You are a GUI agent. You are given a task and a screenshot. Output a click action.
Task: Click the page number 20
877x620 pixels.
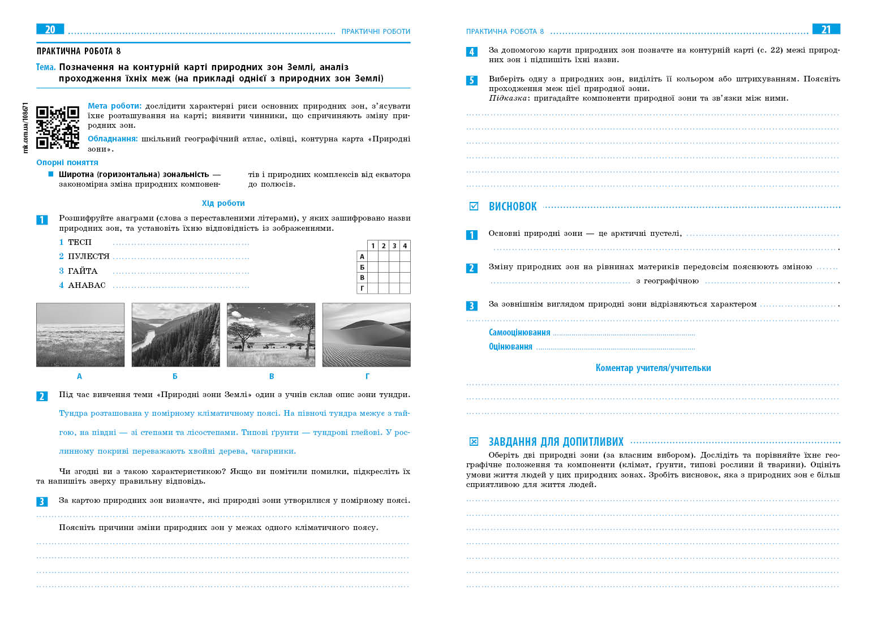tap(50, 29)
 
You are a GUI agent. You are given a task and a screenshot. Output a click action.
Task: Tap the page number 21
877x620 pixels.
tap(826, 29)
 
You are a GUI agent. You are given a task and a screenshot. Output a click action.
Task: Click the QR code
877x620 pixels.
tap(58, 127)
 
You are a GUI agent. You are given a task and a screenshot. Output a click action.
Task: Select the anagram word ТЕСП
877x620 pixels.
tap(80, 243)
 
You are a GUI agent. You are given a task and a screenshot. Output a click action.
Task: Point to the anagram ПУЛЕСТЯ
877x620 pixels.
tap(88, 257)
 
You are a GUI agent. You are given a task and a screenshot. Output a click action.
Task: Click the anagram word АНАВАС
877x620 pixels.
tap(87, 286)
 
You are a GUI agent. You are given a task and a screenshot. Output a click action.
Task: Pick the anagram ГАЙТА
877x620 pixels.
tap(83, 272)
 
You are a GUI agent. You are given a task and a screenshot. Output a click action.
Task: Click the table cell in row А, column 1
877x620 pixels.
tap(373, 256)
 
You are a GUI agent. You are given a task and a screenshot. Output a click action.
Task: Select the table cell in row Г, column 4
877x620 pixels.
tap(405, 289)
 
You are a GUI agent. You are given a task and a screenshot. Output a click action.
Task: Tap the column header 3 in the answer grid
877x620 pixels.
tap(394, 246)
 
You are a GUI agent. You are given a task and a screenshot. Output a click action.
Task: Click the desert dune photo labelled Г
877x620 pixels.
tap(366, 334)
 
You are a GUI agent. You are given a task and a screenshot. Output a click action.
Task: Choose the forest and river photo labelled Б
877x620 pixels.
tap(175, 334)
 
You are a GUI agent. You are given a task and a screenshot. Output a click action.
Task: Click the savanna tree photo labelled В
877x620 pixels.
tap(271, 334)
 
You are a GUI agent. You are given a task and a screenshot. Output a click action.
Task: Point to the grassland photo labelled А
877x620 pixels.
tap(80, 334)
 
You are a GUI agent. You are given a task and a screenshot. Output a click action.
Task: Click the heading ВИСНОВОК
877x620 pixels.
tap(513, 207)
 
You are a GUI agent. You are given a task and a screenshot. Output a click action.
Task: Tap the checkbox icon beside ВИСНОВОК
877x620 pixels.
tap(474, 206)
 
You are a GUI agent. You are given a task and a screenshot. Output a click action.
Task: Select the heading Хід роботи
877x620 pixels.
tap(223, 203)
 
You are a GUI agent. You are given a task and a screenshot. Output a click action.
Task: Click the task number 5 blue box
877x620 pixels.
tap(471, 80)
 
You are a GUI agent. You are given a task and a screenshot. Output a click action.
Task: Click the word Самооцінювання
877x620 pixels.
tap(519, 333)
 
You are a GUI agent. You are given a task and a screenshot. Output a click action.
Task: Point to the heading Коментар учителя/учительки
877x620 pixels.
tap(653, 368)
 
